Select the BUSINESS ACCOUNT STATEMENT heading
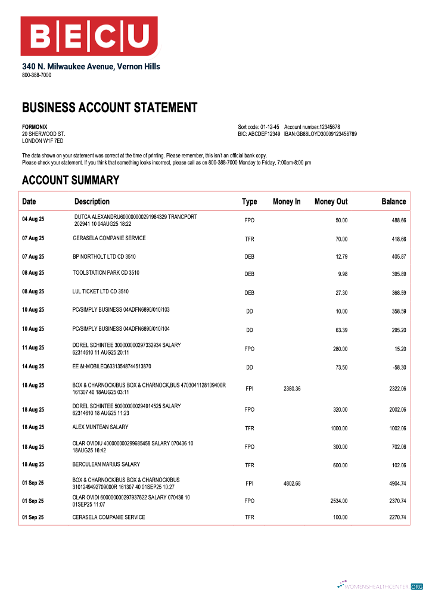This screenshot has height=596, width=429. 110,108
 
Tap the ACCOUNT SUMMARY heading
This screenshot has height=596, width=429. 70,180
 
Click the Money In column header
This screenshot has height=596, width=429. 287,201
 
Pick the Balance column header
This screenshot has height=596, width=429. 393,201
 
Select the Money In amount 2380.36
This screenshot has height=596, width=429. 292,389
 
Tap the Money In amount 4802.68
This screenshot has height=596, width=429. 292,483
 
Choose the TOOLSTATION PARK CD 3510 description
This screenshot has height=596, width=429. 106,273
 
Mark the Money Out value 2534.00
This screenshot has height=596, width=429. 338,501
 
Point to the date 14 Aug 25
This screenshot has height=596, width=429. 33,367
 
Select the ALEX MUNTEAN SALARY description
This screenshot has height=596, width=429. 100,427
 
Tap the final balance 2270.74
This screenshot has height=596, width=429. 397,517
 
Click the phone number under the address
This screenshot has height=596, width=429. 36,75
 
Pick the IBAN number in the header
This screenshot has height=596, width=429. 320,134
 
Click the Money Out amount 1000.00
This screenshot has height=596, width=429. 338,429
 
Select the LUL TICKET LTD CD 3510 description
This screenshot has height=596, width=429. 100,291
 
